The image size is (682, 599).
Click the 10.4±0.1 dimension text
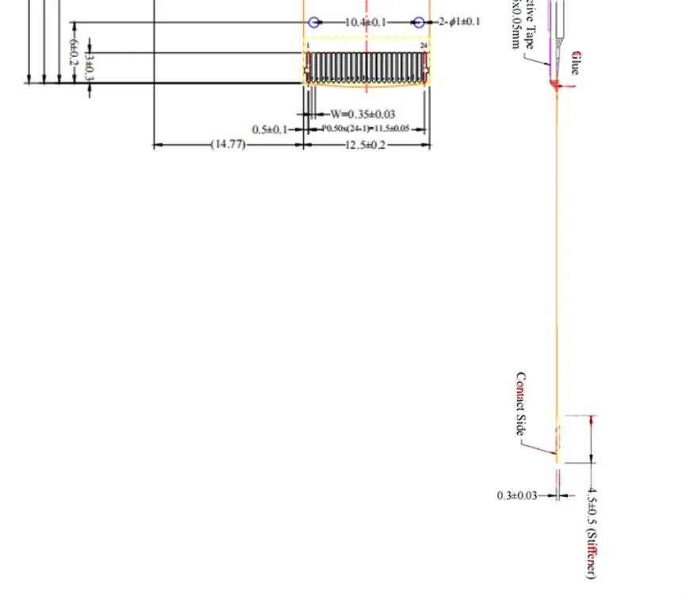(366, 22)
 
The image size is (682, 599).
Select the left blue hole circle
(314, 22)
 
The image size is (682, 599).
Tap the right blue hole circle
(418, 22)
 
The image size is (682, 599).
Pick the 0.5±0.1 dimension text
(270, 129)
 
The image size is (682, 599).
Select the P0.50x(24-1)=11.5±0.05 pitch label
(366, 128)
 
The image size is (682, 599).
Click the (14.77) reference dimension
(228, 145)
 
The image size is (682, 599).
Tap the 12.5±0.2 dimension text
(366, 145)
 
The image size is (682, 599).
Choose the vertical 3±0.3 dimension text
(89, 68)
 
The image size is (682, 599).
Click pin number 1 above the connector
(308, 46)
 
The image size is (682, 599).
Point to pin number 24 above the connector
(423, 46)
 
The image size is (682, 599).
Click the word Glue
(575, 62)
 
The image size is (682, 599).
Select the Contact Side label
(521, 403)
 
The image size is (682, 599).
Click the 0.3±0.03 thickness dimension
(517, 495)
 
